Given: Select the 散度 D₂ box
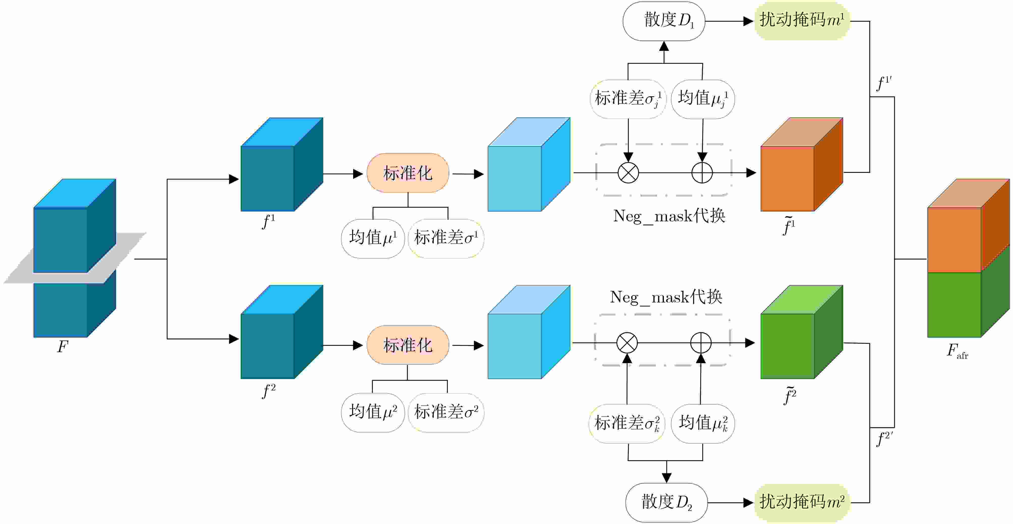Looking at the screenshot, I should pyautogui.click(x=666, y=502).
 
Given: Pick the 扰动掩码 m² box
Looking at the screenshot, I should pyautogui.click(x=801, y=502).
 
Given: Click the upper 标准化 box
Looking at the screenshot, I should pyautogui.click(x=408, y=173).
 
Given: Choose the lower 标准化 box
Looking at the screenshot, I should pyautogui.click(x=408, y=345).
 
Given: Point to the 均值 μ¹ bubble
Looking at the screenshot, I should pyautogui.click(x=373, y=238).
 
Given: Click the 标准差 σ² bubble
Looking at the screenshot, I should pyautogui.click(x=446, y=412).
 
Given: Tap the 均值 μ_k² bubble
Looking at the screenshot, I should pyautogui.click(x=703, y=423).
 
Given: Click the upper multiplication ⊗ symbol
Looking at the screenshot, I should pyautogui.click(x=628, y=172).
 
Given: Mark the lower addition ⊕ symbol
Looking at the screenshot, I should pyautogui.click(x=701, y=343).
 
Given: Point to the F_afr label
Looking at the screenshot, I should pyautogui.click(x=956, y=351).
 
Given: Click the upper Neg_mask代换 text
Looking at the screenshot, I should pyautogui.click(x=669, y=216).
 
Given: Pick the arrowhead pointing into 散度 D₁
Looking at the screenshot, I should pyautogui.click(x=664, y=46).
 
